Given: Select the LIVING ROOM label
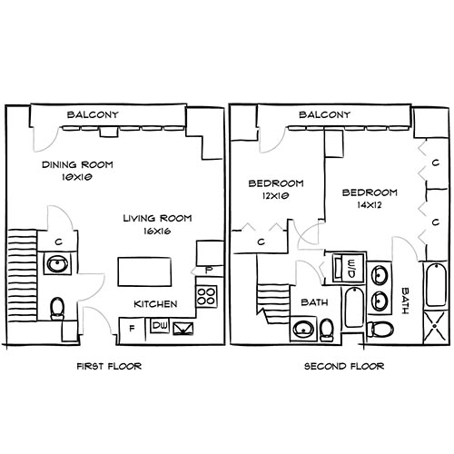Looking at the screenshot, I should pos(155,218).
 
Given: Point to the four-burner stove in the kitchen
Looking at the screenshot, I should pos(207,295).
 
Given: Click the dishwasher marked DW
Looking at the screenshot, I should pos(160,324).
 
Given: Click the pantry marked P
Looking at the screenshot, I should pos(209,269).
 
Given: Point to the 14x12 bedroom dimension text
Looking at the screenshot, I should pos(370,205).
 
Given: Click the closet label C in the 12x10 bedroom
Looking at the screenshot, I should pos(260,242).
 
